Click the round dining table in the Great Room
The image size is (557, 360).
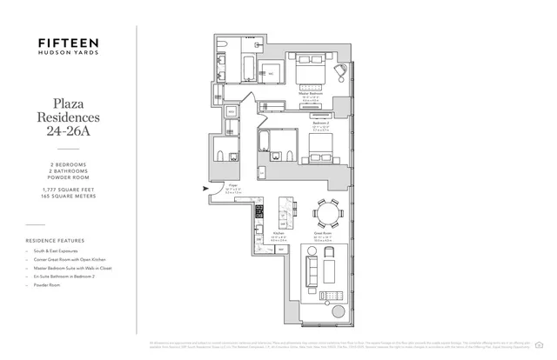(x=328, y=212)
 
